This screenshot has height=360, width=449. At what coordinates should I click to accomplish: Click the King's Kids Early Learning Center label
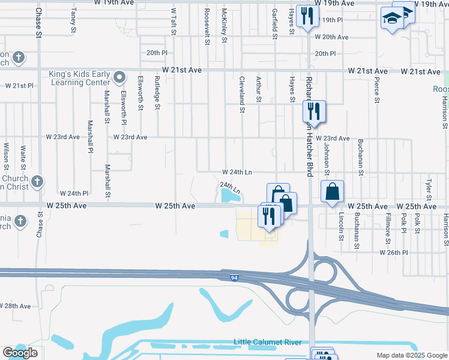coord(79,79)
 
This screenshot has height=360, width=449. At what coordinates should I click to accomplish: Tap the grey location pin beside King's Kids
coord(119,77)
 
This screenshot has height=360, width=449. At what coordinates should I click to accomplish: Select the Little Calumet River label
coord(267,342)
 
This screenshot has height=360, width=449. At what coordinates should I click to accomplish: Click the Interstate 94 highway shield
coord(235,278)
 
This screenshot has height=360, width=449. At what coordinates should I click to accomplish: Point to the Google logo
coord(20,353)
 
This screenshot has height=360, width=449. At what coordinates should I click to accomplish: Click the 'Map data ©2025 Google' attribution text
coord(411,355)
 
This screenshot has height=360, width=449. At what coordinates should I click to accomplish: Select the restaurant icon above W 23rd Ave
coord(314,110)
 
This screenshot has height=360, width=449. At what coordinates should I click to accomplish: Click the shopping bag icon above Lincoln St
coord(332,192)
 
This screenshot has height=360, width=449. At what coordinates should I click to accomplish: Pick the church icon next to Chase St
coord(37,181)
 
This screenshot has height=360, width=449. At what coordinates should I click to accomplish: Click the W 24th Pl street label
coord(74,193)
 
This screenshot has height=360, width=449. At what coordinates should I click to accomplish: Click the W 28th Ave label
coord(16,306)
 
